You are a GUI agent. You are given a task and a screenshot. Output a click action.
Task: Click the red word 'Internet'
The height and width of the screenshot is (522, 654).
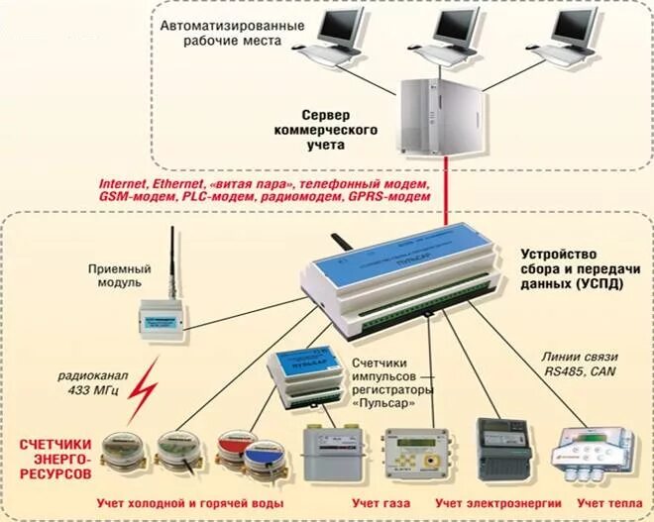124,185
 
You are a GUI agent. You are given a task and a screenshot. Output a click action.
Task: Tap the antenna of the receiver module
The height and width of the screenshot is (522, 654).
171,261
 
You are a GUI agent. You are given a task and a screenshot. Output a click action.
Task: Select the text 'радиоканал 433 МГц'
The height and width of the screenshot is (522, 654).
88,387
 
